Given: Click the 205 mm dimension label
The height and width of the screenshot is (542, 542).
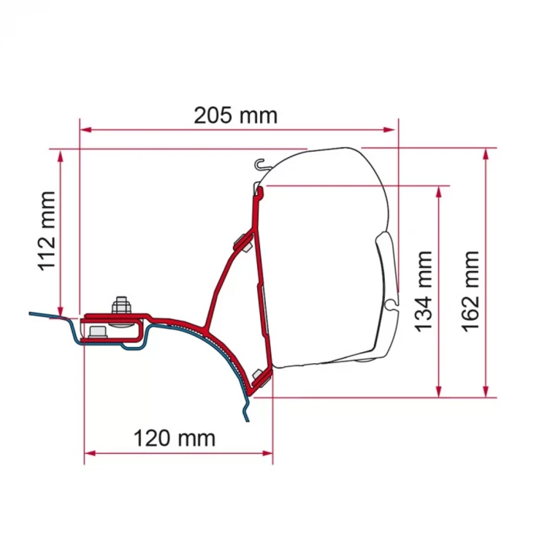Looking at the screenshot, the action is pos(235,115).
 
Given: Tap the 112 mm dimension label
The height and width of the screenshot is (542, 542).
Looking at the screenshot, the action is pos(46,231).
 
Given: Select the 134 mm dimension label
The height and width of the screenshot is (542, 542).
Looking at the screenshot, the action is pos(424,291).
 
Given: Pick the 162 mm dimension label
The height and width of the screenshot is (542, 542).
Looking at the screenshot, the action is pos(471,291).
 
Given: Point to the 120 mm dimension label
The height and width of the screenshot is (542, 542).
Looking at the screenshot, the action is pos(174,438).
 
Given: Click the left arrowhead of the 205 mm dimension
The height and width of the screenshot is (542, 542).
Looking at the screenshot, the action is pos(85,129).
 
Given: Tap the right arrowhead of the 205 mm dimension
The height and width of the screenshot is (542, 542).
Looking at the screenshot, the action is pos(389,129).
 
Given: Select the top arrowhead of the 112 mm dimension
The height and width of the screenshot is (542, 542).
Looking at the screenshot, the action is pos(60,156).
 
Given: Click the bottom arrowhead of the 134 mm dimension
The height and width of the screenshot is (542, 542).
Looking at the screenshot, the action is pos(439,392).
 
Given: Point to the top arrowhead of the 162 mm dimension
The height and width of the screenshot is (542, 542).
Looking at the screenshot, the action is pos(486,154).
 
